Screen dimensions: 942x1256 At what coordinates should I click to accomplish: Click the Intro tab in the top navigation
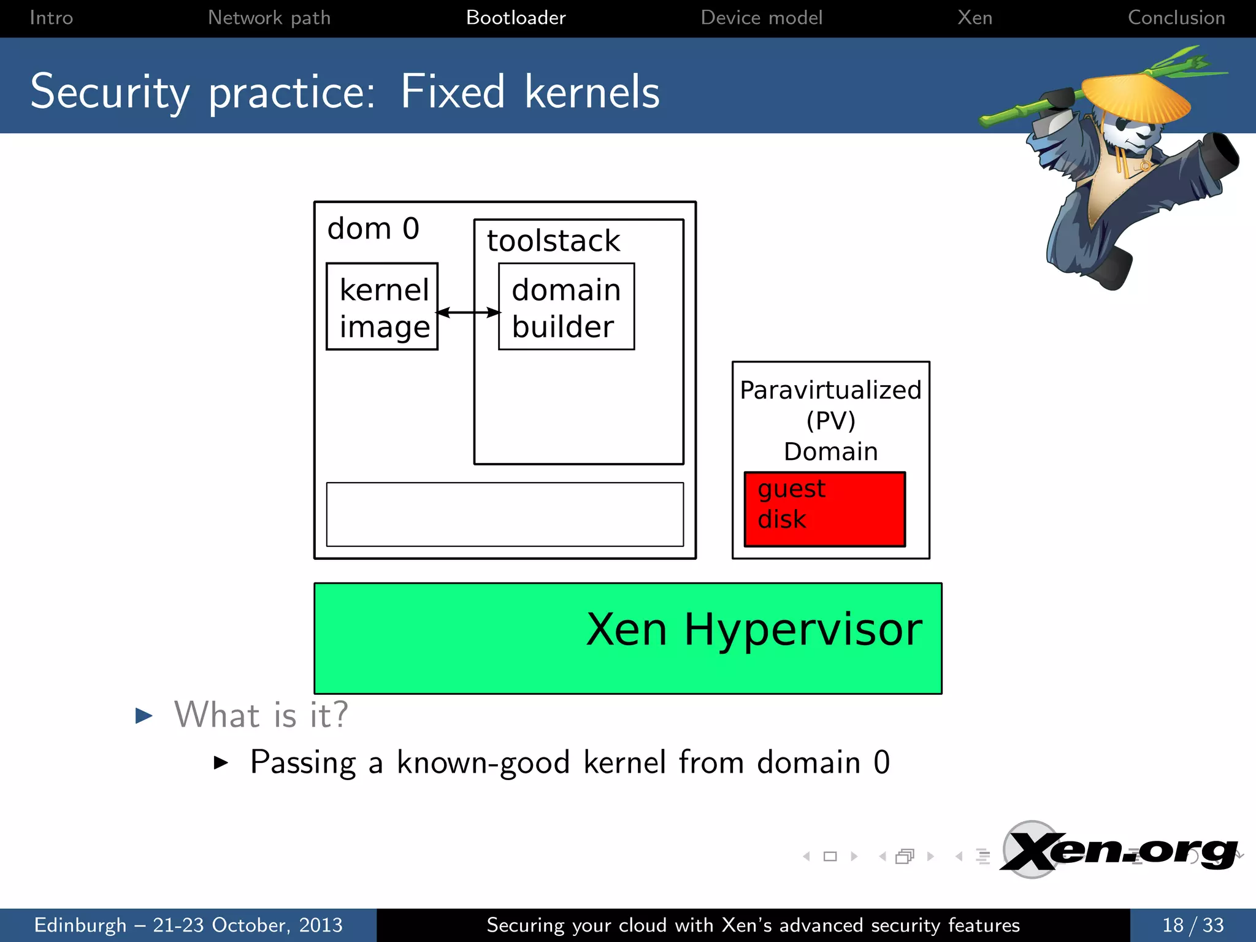point(52,18)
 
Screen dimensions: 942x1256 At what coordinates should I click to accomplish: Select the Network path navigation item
point(269,18)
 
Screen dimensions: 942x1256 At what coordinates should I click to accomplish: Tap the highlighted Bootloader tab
point(516,18)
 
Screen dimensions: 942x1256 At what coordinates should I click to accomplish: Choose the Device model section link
point(761,18)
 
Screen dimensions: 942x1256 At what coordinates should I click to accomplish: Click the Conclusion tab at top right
point(1176,18)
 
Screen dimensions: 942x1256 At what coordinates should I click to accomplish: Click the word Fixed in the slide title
point(453,92)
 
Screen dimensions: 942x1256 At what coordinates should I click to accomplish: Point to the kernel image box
point(382,307)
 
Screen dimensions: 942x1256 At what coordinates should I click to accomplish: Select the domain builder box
point(566,307)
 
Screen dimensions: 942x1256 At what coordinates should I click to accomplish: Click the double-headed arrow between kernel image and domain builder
point(469,313)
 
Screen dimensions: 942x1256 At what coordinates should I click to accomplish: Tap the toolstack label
point(553,240)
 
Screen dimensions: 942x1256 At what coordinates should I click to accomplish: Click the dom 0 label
point(373,229)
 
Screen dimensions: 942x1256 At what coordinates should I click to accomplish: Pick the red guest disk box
point(824,509)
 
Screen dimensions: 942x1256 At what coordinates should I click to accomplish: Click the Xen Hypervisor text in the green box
point(754,630)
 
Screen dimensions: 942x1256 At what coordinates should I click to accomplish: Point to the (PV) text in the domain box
point(830,421)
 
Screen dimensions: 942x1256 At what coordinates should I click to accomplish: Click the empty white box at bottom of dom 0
point(505,514)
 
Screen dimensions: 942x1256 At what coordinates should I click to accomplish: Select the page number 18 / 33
point(1193,925)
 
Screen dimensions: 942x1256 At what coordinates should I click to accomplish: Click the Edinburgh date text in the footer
point(188,925)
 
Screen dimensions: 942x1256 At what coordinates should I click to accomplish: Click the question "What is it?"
point(261,715)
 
